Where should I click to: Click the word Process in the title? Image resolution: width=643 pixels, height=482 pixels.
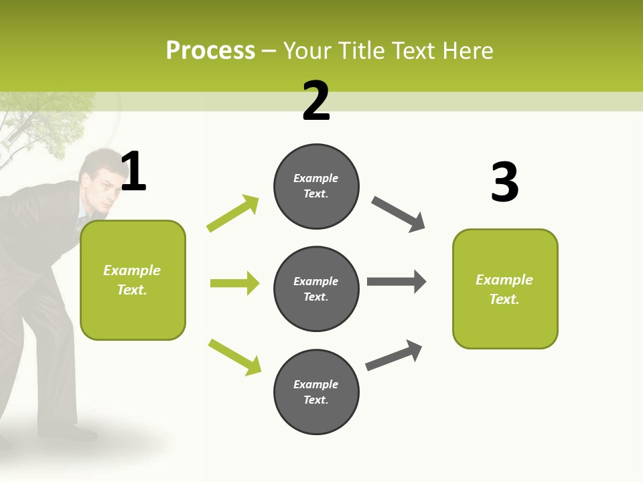point(210,51)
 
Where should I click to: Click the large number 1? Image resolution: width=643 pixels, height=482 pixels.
point(133,171)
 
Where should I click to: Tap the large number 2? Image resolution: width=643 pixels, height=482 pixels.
point(316,101)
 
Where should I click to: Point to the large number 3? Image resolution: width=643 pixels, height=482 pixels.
point(504,183)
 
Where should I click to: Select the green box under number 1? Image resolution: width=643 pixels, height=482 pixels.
point(133,280)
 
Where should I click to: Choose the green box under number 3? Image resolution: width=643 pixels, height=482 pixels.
point(505,289)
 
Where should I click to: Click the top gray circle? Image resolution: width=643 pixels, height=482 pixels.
point(316,186)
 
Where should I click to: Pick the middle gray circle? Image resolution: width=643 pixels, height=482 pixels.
point(316,289)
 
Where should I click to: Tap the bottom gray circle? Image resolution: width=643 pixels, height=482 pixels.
point(316,392)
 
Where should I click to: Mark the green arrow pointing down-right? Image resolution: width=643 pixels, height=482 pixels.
point(234,357)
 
